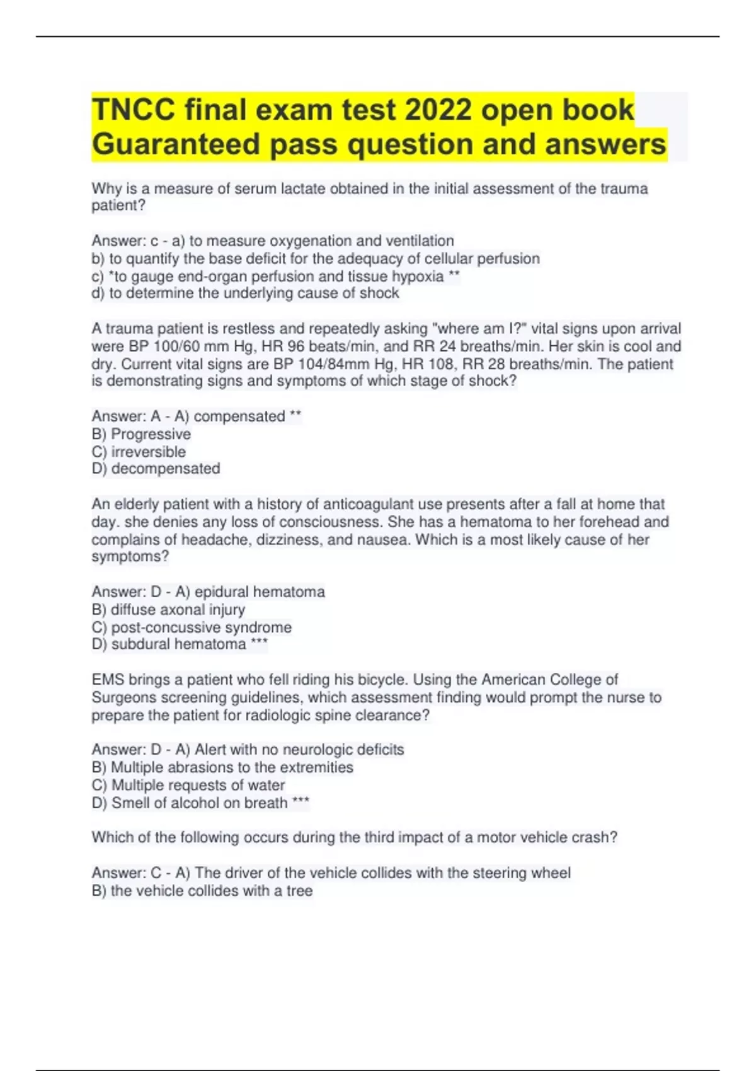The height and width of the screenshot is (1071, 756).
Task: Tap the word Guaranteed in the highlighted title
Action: [x=176, y=144]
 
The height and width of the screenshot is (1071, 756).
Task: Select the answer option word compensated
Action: [x=239, y=416]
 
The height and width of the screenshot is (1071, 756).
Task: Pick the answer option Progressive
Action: [x=151, y=434]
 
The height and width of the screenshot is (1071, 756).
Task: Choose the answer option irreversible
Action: [x=149, y=452]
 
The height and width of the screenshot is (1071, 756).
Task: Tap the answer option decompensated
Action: [x=166, y=469]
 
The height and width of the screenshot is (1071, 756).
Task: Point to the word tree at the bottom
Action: [x=299, y=891]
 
